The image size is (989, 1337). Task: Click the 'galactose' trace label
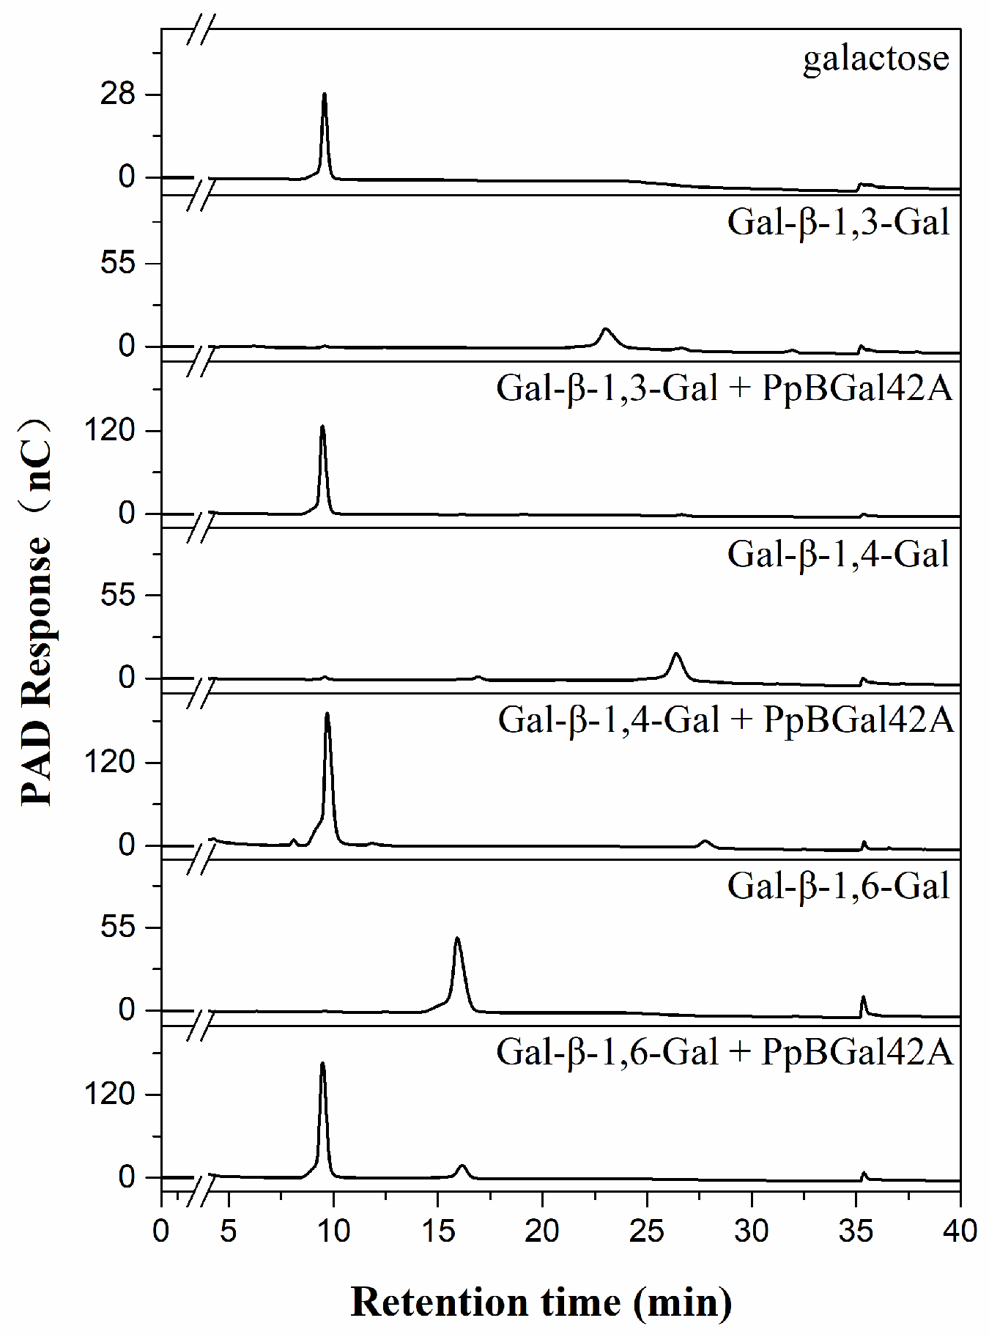point(875,59)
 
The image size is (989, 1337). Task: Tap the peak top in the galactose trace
point(324,96)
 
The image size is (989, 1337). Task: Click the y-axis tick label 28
point(118,95)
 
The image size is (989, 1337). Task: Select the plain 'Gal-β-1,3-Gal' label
point(838,222)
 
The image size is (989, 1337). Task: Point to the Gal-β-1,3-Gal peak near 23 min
point(605,330)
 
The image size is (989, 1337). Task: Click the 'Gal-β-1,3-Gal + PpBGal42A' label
point(724,388)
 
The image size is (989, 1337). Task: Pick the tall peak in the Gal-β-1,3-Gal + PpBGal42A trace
point(322,427)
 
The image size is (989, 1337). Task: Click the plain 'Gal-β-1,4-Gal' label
point(838,554)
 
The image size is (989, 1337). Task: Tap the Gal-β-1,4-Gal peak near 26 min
point(675,654)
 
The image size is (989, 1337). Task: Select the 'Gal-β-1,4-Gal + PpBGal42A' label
point(725,719)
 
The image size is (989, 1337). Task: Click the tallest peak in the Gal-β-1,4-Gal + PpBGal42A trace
point(327,714)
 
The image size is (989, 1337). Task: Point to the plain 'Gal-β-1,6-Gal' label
point(838,886)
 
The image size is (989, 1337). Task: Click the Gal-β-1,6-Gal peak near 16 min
point(457,939)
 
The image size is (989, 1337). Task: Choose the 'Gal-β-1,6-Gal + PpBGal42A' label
point(724,1052)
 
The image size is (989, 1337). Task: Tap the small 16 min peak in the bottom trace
point(462,1166)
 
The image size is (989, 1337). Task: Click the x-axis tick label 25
point(646,1231)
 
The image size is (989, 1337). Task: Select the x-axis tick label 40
point(960,1231)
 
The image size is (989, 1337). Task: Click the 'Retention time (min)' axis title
point(541,1302)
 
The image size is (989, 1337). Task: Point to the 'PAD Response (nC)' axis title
point(37,612)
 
